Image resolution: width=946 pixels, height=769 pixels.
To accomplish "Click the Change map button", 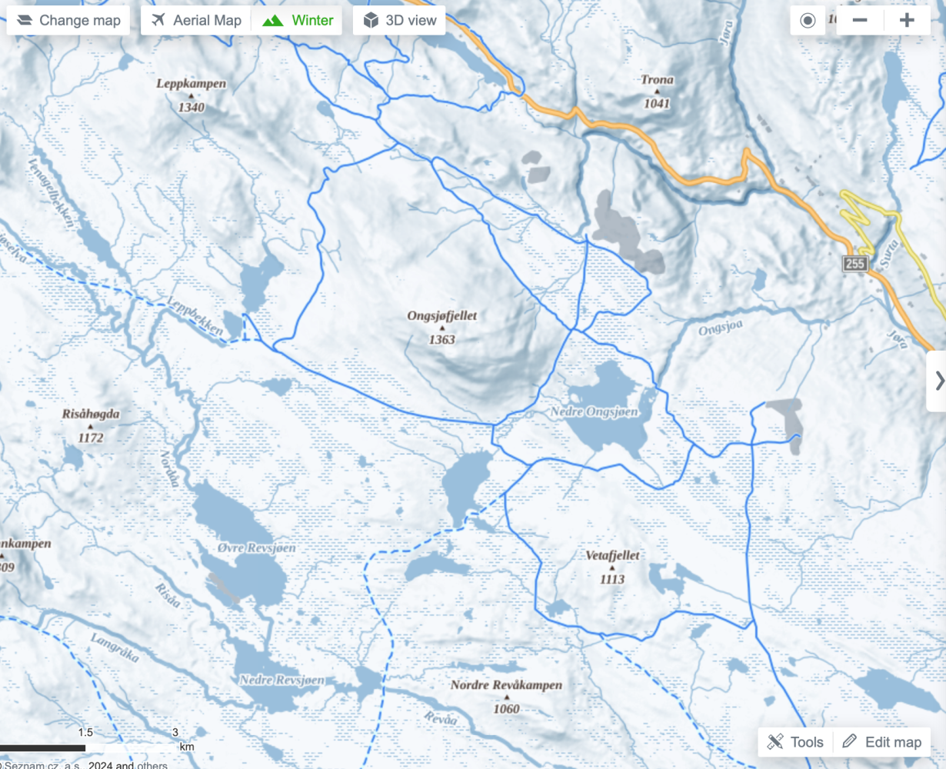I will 68,21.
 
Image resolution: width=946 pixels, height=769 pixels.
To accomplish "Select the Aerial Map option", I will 197,21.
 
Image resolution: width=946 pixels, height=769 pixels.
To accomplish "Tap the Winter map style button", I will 298,21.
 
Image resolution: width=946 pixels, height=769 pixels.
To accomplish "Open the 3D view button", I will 400,21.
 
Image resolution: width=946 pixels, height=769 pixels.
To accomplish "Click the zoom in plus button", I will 907,21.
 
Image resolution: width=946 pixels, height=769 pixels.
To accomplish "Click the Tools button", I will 795,741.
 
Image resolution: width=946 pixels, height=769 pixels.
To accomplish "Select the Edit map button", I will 881,741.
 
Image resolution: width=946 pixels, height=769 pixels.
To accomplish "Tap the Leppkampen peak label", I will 191,84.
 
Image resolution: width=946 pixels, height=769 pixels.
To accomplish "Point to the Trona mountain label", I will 657,80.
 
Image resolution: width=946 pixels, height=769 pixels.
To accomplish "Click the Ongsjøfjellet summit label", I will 442,316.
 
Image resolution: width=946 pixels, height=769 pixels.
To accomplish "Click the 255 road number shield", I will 855,265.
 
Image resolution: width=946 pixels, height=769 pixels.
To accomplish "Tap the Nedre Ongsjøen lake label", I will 595,412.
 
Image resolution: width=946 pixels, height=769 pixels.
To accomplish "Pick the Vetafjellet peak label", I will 612,555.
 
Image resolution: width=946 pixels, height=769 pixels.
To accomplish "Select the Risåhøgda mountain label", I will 91,414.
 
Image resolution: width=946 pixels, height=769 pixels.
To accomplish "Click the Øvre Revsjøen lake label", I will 245,548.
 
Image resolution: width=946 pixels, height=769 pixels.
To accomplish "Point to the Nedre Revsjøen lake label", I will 281,680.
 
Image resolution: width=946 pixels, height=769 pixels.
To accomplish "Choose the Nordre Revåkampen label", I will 506,685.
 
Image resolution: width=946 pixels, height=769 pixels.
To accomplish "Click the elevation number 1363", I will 442,339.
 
